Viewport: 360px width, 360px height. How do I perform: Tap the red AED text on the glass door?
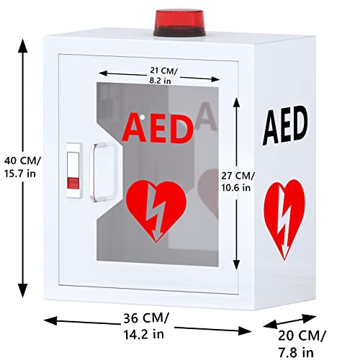[x=158, y=127]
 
